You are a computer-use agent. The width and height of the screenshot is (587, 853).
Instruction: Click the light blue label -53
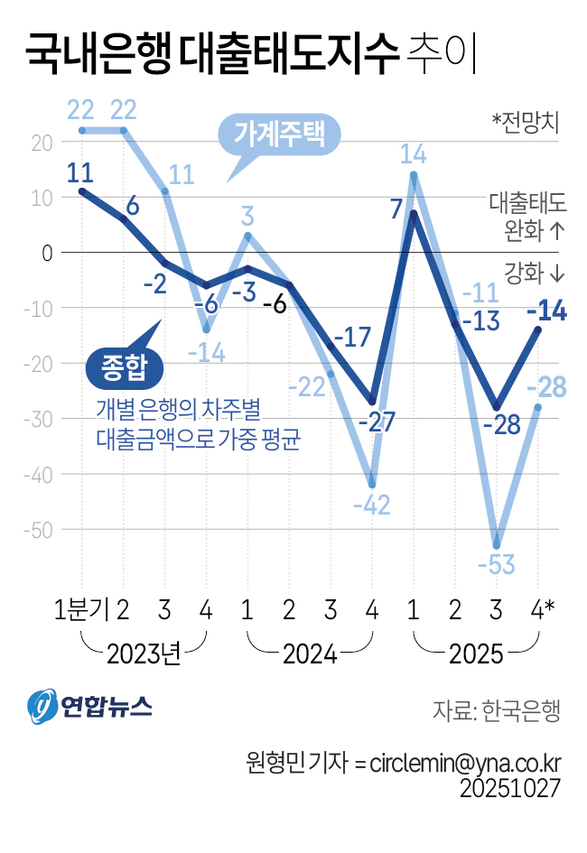tap(496, 566)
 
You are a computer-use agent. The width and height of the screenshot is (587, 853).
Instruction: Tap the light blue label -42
tap(371, 505)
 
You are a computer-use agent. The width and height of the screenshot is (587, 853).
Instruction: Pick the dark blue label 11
tap(80, 172)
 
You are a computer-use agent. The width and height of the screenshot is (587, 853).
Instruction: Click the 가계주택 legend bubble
tap(279, 135)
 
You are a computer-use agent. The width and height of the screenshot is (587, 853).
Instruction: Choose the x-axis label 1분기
tap(81, 611)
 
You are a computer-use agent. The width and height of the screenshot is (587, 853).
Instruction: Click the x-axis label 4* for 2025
tap(542, 611)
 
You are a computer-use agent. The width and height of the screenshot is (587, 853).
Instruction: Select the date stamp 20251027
tap(510, 788)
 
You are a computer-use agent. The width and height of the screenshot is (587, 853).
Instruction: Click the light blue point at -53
tap(496, 546)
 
